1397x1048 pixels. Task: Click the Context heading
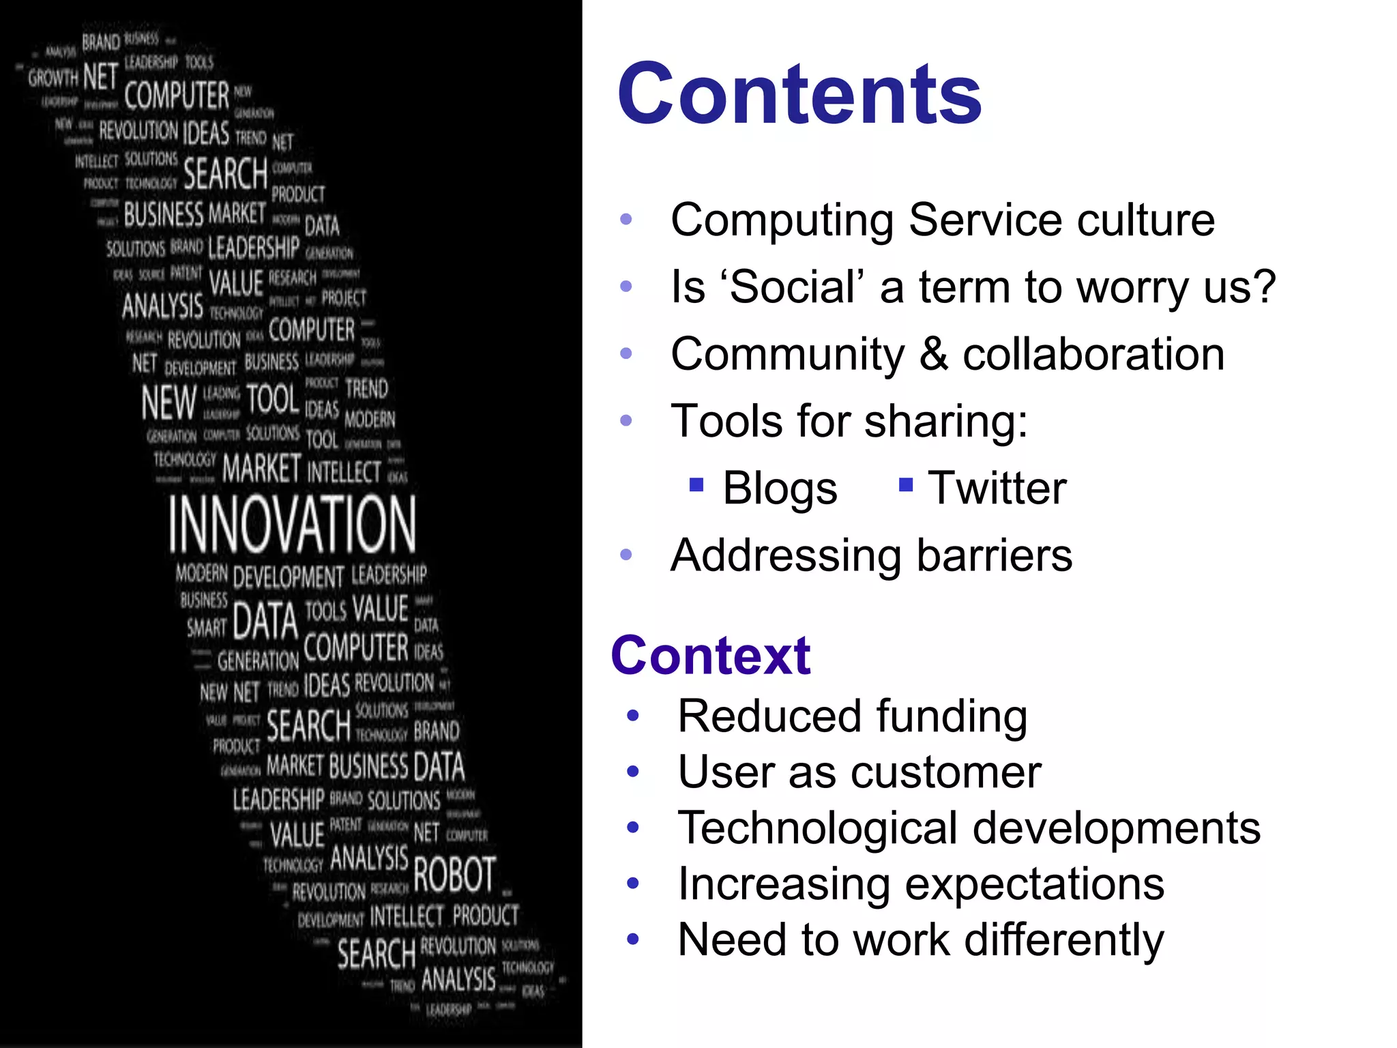click(x=710, y=656)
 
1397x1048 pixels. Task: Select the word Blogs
click(x=780, y=489)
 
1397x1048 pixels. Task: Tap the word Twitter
click(x=997, y=489)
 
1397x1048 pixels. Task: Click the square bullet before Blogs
click(x=696, y=485)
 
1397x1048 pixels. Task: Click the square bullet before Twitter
click(x=906, y=485)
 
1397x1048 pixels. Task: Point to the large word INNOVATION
click(x=292, y=524)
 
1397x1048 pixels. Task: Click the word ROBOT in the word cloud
click(x=454, y=875)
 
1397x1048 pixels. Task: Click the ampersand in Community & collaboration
click(x=933, y=354)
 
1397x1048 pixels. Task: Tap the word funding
click(x=952, y=716)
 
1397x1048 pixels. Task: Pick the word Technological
click(x=817, y=828)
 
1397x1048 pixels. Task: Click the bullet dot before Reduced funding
click(x=633, y=716)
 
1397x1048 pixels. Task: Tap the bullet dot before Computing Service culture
click(x=626, y=220)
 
